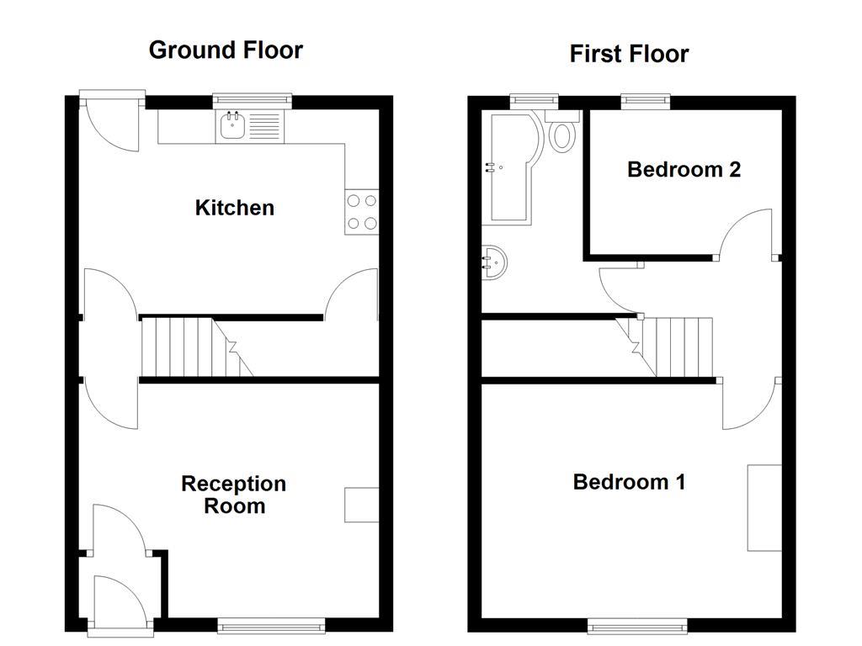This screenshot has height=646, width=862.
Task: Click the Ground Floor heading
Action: coord(226,50)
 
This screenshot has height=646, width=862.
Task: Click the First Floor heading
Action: coord(629,54)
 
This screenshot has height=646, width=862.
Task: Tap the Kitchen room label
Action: coord(234,208)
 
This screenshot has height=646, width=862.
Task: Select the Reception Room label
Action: coord(234,495)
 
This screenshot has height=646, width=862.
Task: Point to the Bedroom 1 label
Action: coord(629,482)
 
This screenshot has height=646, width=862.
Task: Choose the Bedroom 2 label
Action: coord(684,169)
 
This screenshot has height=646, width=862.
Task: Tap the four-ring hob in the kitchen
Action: coord(361,212)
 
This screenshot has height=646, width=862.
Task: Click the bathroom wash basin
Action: coord(494,262)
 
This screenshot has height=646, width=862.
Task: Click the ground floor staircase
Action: coord(194,347)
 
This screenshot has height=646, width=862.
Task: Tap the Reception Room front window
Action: coord(271,625)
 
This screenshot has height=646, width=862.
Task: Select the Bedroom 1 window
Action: coord(637,625)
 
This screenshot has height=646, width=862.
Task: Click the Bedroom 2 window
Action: coord(646,100)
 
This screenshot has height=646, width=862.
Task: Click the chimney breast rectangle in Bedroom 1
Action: coord(764,507)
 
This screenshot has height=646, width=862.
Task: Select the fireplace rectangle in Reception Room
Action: coord(361,505)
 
